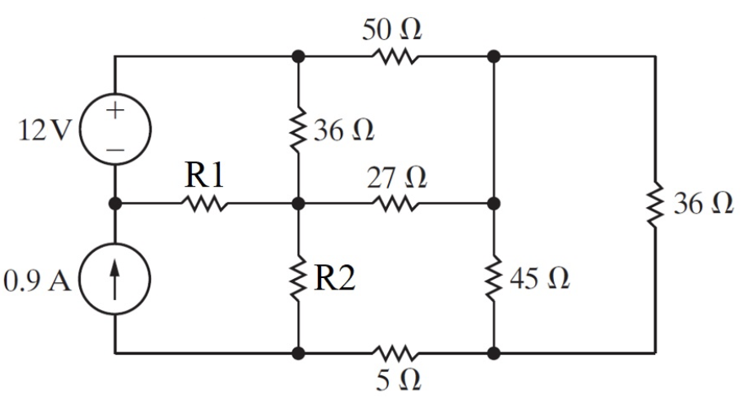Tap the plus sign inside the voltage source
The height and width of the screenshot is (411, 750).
click(115, 113)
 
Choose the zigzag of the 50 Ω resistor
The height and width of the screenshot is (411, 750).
click(397, 57)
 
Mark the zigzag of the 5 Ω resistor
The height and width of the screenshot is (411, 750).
click(397, 354)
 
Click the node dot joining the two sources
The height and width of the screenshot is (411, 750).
click(115, 204)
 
